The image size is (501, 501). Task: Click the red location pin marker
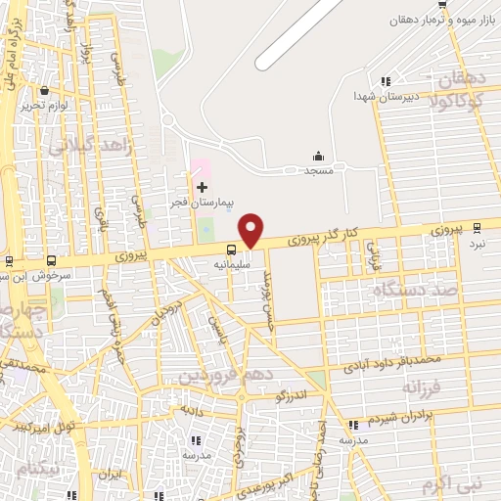coord(251,229)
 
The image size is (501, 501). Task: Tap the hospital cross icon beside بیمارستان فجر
coord(202,186)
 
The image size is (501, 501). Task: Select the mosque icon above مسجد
coord(318,157)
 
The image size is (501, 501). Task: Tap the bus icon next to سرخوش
coord(52,261)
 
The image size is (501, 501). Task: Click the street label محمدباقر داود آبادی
coord(392,364)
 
